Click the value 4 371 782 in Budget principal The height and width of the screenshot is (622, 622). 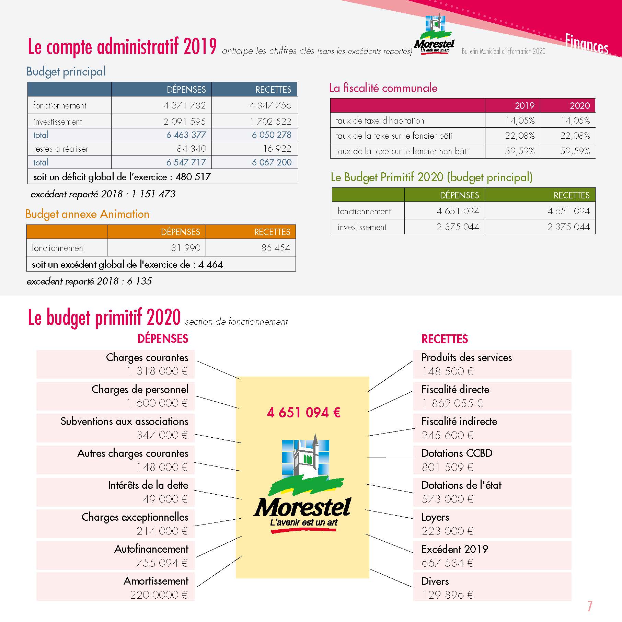point(184,105)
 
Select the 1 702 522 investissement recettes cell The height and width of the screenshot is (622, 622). point(270,121)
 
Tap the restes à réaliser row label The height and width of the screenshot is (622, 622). point(60,149)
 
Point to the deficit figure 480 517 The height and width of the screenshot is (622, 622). point(193,177)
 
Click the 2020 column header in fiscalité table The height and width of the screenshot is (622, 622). point(580,105)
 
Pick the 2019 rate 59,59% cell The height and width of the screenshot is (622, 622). point(520,151)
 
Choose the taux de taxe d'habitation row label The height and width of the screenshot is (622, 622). point(380,121)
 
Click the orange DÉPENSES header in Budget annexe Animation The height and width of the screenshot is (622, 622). point(180,232)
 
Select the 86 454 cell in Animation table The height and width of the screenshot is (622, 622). point(276,248)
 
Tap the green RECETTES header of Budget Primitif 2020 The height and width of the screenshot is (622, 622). point(571,195)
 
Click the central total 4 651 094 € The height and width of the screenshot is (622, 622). point(303,412)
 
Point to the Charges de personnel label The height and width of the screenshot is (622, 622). point(140,389)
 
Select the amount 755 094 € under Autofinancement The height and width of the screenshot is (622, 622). point(162,563)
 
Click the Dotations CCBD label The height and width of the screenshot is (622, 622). point(457,453)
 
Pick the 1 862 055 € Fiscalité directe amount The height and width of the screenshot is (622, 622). point(452,403)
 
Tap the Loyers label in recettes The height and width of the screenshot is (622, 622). point(435,517)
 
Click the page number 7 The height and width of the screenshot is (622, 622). point(590,607)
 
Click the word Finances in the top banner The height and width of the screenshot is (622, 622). point(586,44)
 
